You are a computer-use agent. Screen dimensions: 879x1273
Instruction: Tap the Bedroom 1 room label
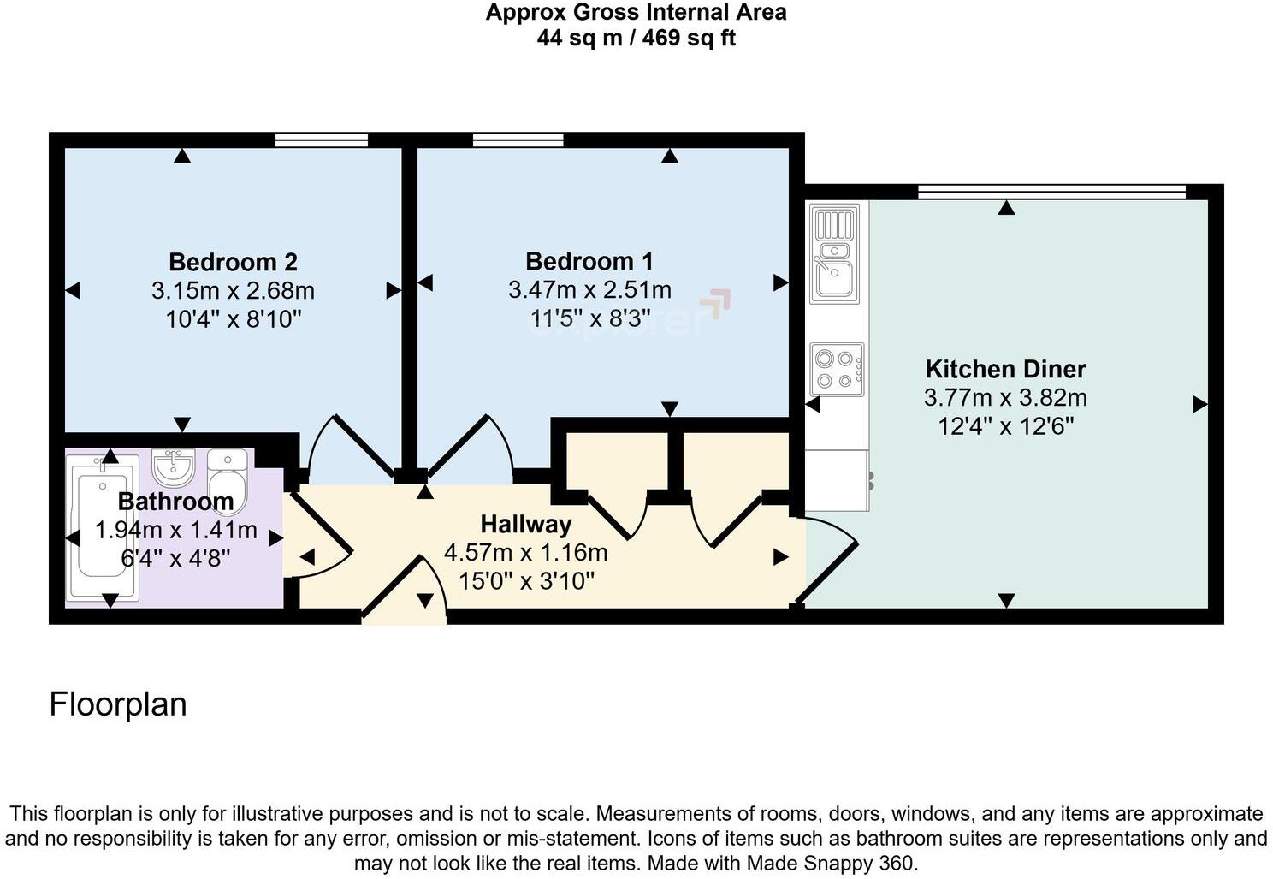pos(589,261)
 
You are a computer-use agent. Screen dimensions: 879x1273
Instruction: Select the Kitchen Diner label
pos(1005,369)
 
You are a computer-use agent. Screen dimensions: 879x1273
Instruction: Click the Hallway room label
pos(525,524)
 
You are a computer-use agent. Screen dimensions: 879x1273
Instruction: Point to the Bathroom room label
pos(175,501)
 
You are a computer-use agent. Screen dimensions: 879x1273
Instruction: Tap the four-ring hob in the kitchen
pos(837,369)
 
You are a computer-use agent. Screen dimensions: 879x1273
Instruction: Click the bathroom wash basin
pos(174,466)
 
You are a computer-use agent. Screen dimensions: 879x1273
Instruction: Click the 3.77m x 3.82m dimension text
pos(1005,398)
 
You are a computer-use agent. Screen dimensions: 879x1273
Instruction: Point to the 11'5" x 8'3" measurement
pos(589,319)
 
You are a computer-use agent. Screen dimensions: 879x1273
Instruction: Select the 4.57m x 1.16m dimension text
pos(525,553)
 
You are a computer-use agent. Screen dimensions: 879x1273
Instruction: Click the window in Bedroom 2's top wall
pos(322,140)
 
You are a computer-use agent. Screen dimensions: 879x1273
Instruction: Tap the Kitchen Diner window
pos(1051,192)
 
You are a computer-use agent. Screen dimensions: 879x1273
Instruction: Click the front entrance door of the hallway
pos(403,591)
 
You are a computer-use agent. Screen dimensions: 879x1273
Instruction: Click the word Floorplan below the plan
pos(118,704)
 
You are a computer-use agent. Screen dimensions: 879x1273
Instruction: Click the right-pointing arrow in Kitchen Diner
pos(1199,404)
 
